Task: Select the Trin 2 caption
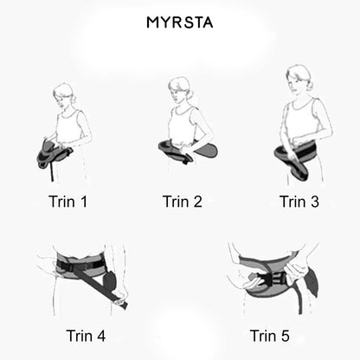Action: point(182,202)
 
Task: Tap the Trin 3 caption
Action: point(299,202)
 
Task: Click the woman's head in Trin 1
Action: point(63,94)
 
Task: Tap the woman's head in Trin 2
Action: point(179,88)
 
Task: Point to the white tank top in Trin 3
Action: point(302,121)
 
